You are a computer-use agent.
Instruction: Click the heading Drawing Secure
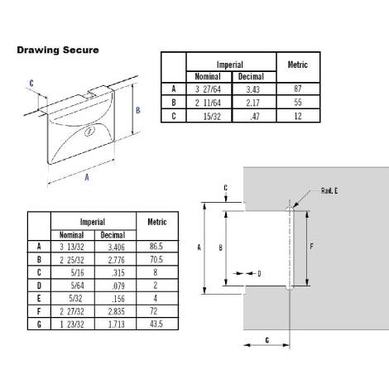[58, 50]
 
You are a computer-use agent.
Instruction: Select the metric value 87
[297, 88]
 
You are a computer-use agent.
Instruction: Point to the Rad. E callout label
[330, 190]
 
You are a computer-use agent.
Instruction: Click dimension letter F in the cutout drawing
[310, 247]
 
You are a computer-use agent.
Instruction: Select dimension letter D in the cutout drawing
[259, 272]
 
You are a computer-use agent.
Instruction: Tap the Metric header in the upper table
[297, 64]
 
